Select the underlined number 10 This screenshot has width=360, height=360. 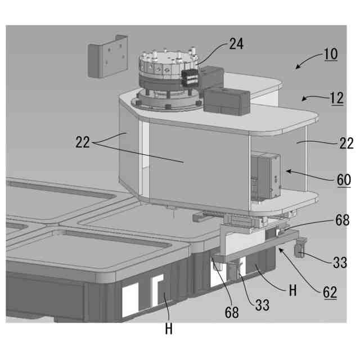point(330,55)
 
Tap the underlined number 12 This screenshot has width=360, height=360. point(336,98)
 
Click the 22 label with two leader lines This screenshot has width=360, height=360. point(83,143)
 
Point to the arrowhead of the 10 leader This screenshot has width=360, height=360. point(296,67)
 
